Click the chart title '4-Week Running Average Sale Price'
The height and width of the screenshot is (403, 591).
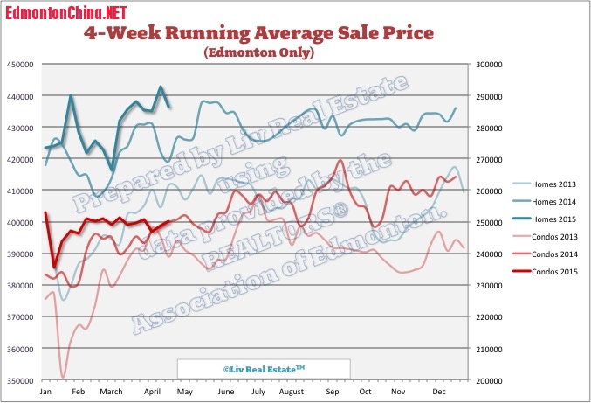point(258,34)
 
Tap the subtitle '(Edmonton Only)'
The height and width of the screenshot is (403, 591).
point(258,53)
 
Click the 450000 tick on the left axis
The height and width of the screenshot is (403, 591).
point(20,65)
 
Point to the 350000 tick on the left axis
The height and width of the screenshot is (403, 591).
point(20,381)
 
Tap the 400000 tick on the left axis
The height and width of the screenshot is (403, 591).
point(20,223)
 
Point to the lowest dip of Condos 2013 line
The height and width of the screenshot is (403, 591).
point(63,378)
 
